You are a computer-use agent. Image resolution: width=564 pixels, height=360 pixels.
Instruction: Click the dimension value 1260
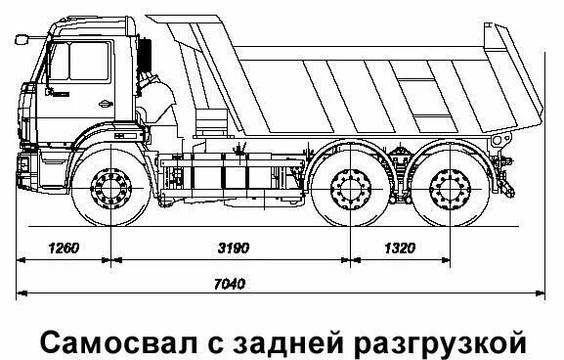click(x=62, y=247)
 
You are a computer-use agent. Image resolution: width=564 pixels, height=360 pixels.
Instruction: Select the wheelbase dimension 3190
click(x=232, y=247)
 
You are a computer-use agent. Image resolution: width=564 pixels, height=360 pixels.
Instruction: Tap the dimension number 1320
click(x=399, y=247)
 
